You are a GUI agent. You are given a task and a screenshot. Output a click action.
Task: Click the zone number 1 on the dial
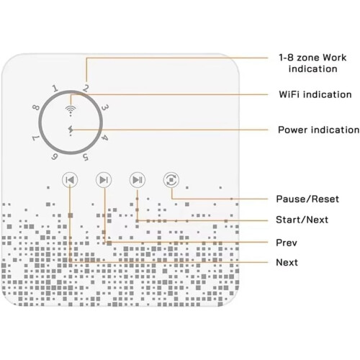(x=55, y=89)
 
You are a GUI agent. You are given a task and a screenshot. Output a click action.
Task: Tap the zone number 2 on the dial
(x=86, y=89)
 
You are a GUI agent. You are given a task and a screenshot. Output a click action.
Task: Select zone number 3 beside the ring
(x=104, y=108)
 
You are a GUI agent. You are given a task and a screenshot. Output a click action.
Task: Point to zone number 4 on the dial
(x=104, y=138)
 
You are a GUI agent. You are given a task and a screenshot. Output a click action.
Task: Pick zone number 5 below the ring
(x=86, y=157)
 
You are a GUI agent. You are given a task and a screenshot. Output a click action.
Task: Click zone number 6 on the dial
(x=55, y=157)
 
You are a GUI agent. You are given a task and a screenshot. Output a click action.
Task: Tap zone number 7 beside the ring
(x=35, y=138)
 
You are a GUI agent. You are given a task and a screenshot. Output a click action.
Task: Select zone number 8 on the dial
(x=36, y=107)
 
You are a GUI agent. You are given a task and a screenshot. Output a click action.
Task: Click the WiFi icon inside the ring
(x=71, y=111)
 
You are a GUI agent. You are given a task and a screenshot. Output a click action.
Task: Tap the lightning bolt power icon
(x=71, y=130)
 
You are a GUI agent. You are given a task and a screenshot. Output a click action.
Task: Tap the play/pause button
(x=138, y=180)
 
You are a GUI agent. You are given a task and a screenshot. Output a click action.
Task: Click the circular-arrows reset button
(x=171, y=180)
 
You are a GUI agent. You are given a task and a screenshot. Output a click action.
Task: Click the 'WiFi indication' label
(x=315, y=94)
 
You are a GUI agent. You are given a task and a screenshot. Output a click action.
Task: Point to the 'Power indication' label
(x=318, y=130)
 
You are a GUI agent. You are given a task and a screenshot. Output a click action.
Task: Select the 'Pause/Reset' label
(x=307, y=199)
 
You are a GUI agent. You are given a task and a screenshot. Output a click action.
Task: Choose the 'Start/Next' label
(x=302, y=220)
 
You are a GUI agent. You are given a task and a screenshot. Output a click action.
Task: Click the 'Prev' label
(x=287, y=243)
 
